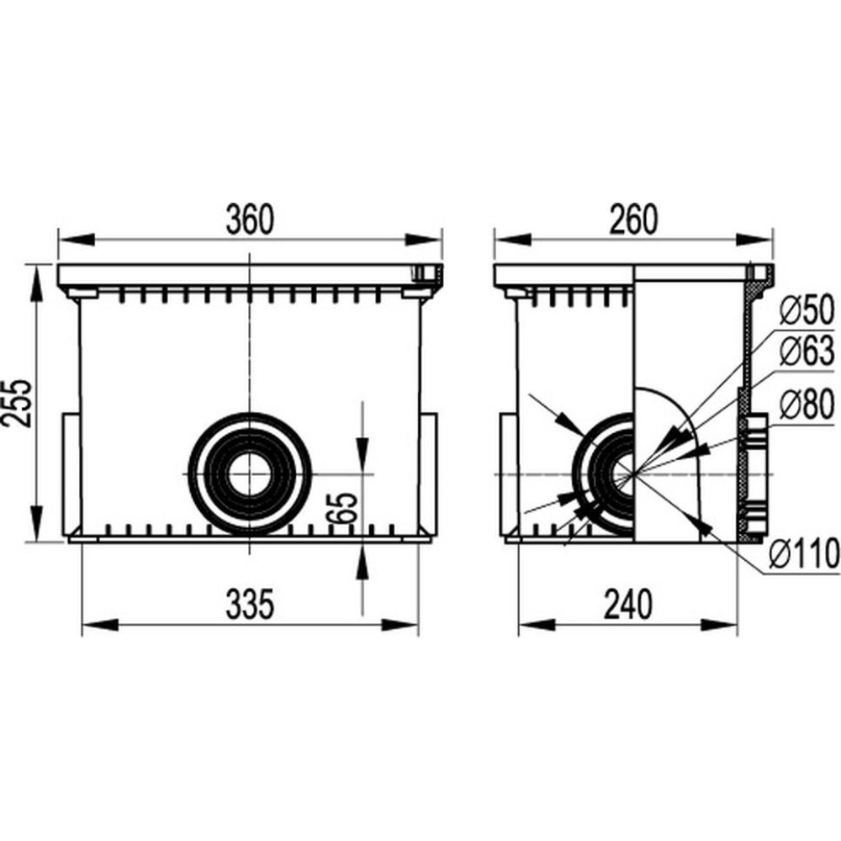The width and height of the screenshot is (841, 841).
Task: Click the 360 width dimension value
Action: tap(250, 220)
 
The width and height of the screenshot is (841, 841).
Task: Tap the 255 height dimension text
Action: tap(17, 403)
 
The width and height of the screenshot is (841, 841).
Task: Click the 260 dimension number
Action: tap(633, 220)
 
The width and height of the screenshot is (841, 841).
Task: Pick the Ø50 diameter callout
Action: tap(807, 309)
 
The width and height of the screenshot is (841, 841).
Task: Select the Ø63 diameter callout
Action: tap(807, 352)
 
